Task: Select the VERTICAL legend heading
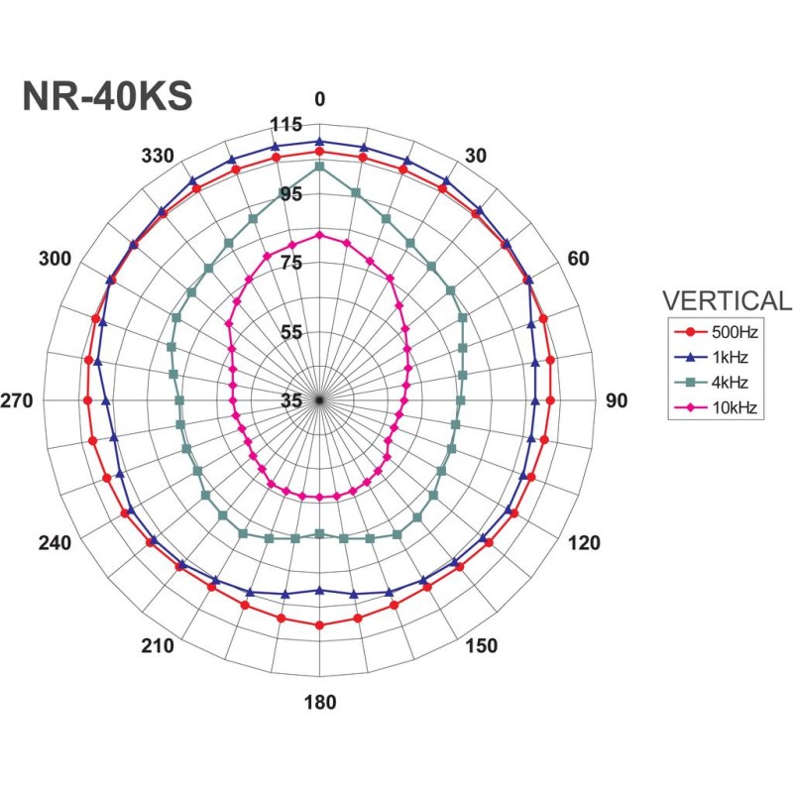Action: (727, 300)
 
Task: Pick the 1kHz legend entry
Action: (729, 358)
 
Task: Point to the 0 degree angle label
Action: (319, 99)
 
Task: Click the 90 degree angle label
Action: (617, 400)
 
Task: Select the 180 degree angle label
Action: (319, 703)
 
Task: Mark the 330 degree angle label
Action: (158, 156)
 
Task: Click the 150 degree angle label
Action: (482, 646)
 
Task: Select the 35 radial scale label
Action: (290, 400)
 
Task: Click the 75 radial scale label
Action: (290, 263)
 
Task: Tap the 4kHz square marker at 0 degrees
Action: (319, 167)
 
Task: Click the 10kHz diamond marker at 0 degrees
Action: (319, 235)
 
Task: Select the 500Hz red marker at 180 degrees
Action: (319, 624)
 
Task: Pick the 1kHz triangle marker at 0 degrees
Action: (319, 142)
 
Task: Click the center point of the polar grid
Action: (319, 399)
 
